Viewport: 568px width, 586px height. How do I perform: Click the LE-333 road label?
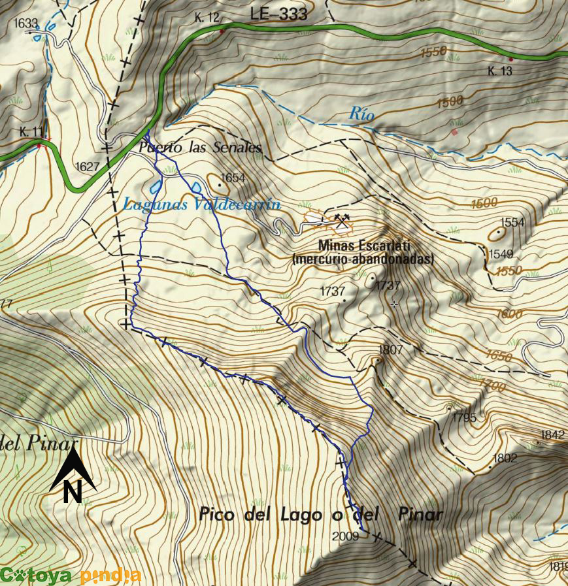(278, 14)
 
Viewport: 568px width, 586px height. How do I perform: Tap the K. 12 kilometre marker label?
(206, 18)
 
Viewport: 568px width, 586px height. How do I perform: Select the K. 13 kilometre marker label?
(500, 71)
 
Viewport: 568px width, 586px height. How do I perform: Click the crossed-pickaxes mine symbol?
(341, 221)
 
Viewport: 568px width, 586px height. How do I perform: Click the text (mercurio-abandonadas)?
(363, 259)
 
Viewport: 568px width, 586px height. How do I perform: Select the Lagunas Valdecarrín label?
(201, 204)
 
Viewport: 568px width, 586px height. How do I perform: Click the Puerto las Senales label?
(200, 148)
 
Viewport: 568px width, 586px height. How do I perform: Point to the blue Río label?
(361, 114)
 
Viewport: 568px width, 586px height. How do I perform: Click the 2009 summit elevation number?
(345, 536)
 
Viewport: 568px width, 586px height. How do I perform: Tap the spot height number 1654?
(232, 178)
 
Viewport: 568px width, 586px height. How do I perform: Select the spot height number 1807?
(391, 350)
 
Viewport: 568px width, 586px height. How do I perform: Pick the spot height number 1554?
(512, 222)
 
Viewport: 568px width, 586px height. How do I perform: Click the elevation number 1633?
(26, 24)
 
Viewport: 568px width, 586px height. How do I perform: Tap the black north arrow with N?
(73, 476)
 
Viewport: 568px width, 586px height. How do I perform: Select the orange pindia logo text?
(110, 576)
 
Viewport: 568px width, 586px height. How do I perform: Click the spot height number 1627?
(87, 167)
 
